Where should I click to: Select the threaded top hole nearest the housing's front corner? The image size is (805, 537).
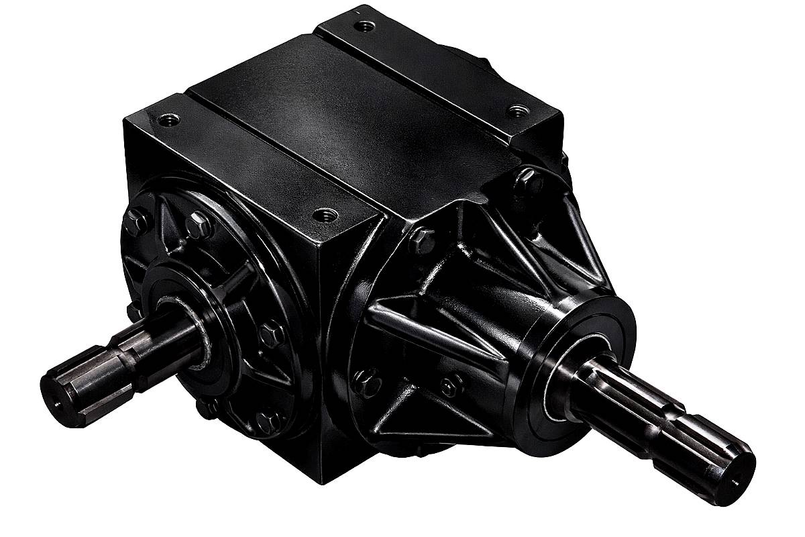pos(325,215)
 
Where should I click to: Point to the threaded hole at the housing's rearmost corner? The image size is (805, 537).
pos(364,27)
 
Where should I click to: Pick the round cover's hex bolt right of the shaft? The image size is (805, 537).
pos(272,332)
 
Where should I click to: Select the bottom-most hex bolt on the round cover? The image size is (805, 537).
pos(268,421)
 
